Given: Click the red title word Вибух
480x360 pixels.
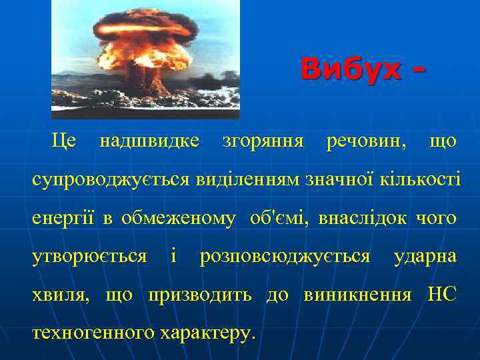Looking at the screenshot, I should point(351,69).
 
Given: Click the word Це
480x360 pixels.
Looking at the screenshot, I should point(64,141).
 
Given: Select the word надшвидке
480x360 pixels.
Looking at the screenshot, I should point(149,141).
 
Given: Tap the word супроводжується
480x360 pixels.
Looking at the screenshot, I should point(111,179).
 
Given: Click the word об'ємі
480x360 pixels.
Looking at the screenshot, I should point(279,218).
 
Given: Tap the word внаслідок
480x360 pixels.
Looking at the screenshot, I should point(363,218).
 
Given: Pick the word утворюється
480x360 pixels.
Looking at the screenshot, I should point(89,256).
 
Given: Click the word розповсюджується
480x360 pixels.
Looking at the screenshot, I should point(285,256).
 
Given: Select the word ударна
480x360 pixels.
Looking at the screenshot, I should point(425,256).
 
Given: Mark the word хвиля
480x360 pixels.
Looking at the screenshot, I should point(61,294).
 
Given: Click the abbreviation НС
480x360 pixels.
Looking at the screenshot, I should point(441,294).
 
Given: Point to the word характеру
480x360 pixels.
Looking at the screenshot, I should point(208,332).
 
